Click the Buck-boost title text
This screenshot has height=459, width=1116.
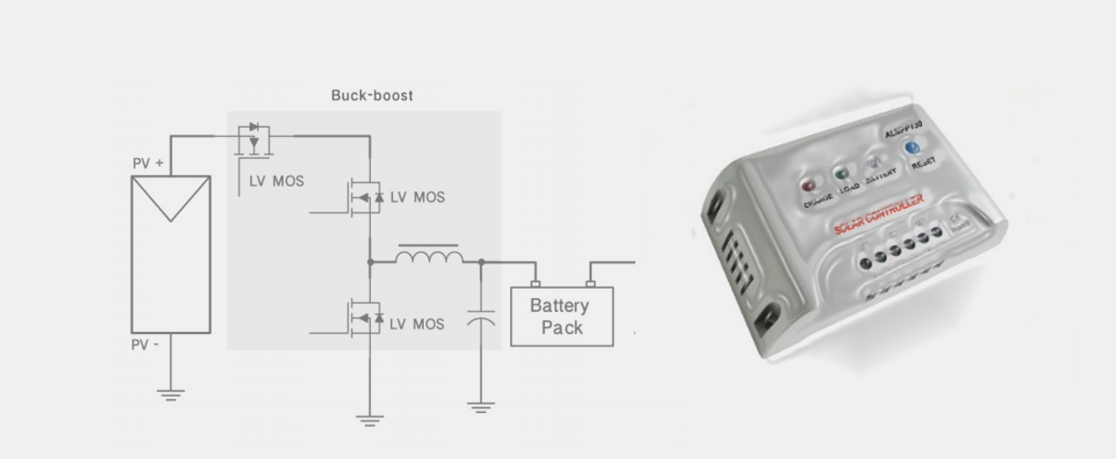(372, 95)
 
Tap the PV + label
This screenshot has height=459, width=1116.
(148, 163)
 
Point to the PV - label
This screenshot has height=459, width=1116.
(145, 345)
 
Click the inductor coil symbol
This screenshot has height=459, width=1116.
(429, 256)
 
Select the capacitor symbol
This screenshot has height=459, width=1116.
(481, 318)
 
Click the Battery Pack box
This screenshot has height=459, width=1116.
(562, 316)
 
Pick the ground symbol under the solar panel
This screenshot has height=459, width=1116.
(170, 395)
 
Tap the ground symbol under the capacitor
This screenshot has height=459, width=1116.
(481, 405)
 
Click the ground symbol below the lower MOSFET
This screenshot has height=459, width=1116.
(370, 419)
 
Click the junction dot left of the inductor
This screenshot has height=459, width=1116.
(370, 262)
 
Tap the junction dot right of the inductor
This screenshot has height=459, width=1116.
(482, 262)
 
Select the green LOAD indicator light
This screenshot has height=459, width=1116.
(842, 172)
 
